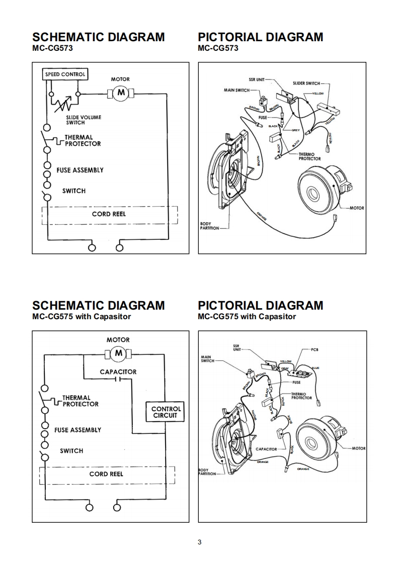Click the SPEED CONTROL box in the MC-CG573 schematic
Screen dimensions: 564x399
tap(65, 74)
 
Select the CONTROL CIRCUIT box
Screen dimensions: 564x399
tap(166, 412)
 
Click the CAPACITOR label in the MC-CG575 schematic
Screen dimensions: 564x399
tap(118, 372)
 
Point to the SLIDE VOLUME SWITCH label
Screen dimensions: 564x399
tap(84, 120)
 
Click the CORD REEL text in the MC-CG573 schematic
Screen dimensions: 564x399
tap(109, 214)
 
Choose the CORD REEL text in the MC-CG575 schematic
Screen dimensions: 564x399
tap(106, 474)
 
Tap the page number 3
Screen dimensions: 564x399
tap(200, 542)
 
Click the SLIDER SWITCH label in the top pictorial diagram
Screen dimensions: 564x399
tap(306, 83)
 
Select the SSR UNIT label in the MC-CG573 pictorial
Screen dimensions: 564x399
tap(256, 79)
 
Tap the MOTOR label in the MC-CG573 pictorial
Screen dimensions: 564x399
tap(356, 208)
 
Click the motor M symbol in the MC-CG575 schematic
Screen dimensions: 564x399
tap(119, 353)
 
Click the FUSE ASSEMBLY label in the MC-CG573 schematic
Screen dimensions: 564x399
tap(80, 170)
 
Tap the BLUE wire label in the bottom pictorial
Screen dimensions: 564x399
tap(315, 368)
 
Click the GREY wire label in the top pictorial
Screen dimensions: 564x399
tap(296, 130)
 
